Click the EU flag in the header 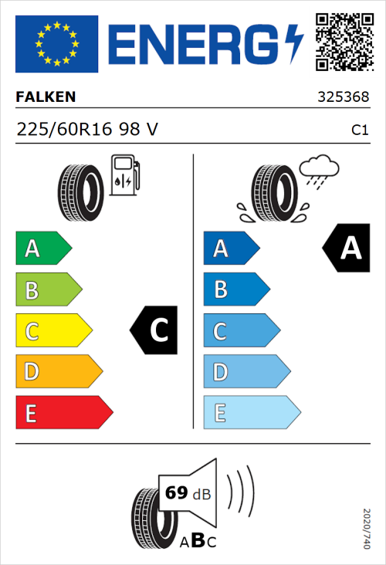pos(56,44)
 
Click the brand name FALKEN pos(46,97)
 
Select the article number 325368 pos(342,98)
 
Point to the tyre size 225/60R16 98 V pos(87,130)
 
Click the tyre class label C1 pos(359,130)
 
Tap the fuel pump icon pos(125,175)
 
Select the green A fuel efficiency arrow pos(43,249)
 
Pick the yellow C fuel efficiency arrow pos(53,330)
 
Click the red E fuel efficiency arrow pos(63,413)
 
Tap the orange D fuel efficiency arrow pos(59,372)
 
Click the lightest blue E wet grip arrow pos(251,413)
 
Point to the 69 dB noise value pos(188,493)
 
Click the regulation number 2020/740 pos(367,529)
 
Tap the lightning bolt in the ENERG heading pos(294,44)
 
